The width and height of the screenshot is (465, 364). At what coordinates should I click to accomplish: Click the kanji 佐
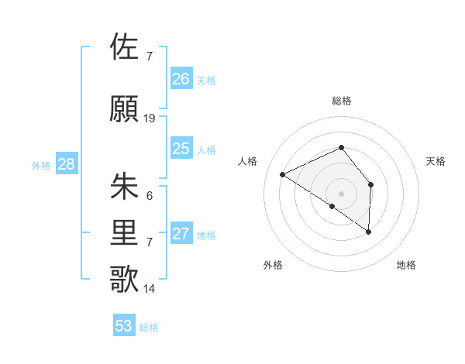click(x=126, y=47)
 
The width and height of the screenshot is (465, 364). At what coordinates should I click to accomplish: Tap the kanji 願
click(x=126, y=109)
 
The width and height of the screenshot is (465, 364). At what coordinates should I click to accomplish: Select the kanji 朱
click(x=126, y=187)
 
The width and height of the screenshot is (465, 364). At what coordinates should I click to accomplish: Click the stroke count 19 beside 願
click(x=150, y=118)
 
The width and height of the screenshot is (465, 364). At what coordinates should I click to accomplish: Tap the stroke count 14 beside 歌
click(x=150, y=289)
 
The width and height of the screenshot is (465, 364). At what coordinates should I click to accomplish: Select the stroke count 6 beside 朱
click(x=150, y=196)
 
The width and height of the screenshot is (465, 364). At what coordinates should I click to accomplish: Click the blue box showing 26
click(x=181, y=79)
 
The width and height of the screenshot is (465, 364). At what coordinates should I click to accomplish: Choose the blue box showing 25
click(x=181, y=149)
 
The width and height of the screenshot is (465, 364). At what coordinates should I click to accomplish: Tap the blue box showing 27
click(x=181, y=234)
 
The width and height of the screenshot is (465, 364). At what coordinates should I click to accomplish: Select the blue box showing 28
click(x=66, y=164)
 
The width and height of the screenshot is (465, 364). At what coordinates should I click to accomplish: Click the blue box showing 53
click(x=124, y=326)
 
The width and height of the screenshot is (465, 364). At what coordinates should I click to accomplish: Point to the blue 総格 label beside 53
click(x=150, y=328)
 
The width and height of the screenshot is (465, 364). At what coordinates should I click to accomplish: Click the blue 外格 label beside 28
click(x=41, y=165)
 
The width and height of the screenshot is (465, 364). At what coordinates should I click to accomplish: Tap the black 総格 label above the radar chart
click(x=342, y=101)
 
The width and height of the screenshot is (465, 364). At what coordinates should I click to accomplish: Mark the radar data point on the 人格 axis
click(x=283, y=174)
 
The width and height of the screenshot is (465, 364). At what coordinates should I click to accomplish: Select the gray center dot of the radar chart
click(x=341, y=193)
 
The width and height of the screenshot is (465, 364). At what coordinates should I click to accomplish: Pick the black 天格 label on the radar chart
click(x=436, y=161)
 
